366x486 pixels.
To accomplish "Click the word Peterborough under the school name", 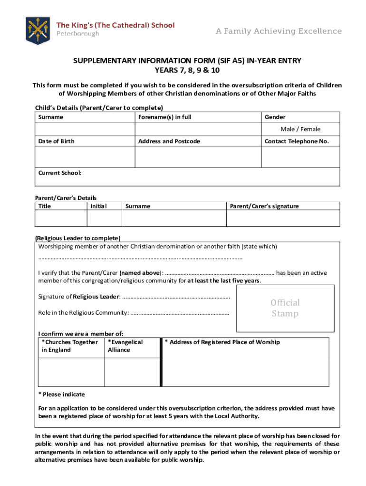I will tap(78, 34).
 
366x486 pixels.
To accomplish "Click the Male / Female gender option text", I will tap(300, 129).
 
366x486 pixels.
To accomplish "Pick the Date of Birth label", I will tap(57, 141).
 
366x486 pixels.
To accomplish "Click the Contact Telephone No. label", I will tap(297, 141).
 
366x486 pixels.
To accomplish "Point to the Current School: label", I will tap(60, 173).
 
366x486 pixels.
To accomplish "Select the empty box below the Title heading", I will tap(61, 218).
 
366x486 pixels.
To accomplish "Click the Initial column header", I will tap(98, 206).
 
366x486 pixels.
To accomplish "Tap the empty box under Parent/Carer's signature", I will tap(283, 218).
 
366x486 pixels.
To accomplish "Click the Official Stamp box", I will tap(285, 308).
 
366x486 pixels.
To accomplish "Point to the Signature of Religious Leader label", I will tap(79, 297).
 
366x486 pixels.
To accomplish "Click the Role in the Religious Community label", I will tap(83, 313).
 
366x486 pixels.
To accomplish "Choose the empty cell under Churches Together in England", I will tap(71, 372).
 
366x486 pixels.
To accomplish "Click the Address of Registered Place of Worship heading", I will tap(222, 342).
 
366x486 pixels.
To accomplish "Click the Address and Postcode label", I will tap(169, 141).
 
